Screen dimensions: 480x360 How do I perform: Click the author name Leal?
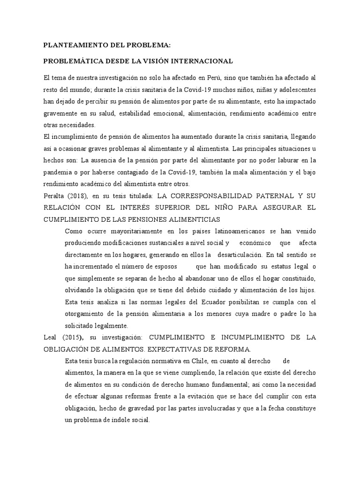coord(51,337)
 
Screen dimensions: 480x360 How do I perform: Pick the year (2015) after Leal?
coord(74,337)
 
